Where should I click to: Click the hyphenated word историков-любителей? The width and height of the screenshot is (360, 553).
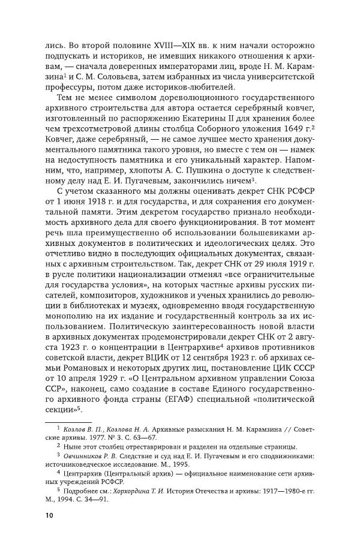(178, 91)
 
